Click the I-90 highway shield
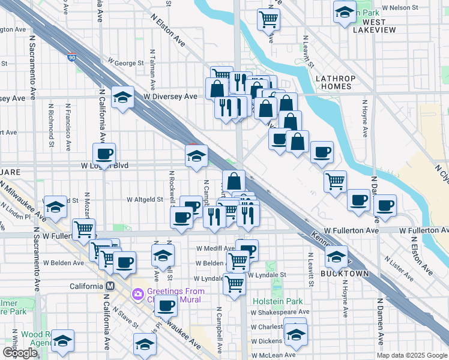click(x=72, y=58)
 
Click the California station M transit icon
click(x=110, y=286)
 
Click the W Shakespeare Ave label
click(x=280, y=312)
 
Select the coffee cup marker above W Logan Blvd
click(x=104, y=155)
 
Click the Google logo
click(x=20, y=353)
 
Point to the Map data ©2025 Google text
click(x=412, y=355)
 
